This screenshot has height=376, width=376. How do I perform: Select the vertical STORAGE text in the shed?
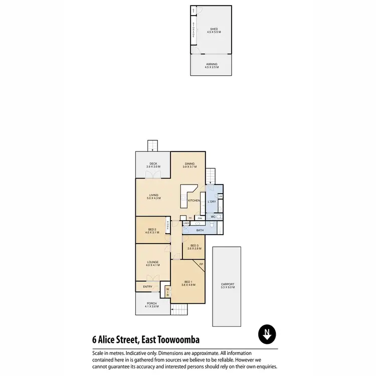coord(193,30)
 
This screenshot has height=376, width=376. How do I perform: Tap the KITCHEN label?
coord(194,201)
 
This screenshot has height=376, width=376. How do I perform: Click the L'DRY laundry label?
coord(212,202)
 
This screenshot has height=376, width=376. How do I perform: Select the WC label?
coord(213,217)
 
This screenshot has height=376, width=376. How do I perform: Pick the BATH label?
coord(200,230)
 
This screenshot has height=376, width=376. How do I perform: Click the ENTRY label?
coord(147,286)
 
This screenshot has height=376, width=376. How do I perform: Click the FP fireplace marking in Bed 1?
coord(202,264)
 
